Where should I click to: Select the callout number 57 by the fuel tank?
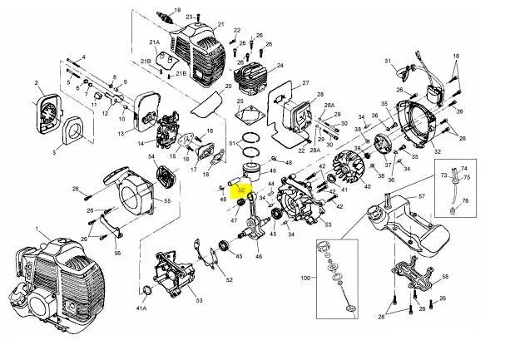(x=422, y=196)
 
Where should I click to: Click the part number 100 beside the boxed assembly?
(x=305, y=277)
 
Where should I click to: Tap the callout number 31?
(x=388, y=62)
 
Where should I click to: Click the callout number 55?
(x=166, y=201)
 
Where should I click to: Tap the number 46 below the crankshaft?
(x=258, y=257)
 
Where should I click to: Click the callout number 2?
(x=38, y=82)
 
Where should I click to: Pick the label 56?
(x=117, y=253)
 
